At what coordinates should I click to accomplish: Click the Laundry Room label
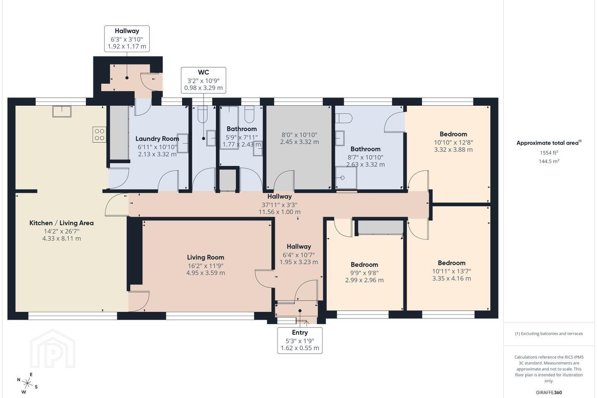(157, 138)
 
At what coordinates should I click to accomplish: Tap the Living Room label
(206, 257)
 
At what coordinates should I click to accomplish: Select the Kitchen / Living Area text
(61, 223)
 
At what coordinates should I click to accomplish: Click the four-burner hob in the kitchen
(99, 135)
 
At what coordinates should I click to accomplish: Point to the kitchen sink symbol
(62, 112)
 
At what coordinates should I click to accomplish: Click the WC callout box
(204, 80)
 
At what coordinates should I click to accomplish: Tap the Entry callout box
(300, 340)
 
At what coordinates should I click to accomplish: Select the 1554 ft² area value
(549, 153)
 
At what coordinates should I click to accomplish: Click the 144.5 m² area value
(549, 161)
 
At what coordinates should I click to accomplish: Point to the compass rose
(27, 383)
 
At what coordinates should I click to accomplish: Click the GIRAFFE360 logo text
(549, 392)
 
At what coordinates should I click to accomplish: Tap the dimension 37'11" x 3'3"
(279, 205)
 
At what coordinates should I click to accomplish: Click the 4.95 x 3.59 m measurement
(206, 273)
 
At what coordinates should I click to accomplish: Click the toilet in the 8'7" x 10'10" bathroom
(344, 118)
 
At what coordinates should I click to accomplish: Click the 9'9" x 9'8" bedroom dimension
(364, 273)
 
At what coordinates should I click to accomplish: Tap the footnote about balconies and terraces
(549, 333)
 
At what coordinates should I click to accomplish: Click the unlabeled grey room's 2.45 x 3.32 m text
(299, 142)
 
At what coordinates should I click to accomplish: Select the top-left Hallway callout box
(127, 39)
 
